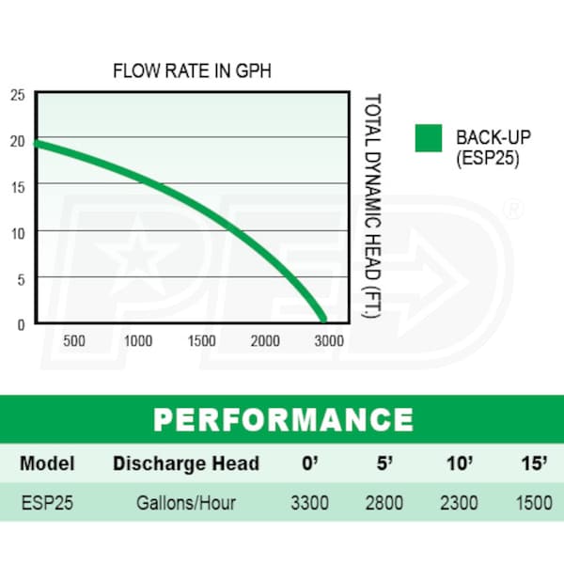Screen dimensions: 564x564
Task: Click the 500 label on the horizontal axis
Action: coord(74,340)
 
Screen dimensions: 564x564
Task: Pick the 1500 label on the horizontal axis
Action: coord(202,340)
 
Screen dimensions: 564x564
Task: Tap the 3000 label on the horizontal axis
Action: coord(329,340)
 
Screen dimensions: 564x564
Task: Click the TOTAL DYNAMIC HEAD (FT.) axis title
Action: coord(371,207)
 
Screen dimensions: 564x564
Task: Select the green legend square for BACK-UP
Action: coord(429,138)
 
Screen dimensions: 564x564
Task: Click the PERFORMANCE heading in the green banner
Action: coord(282,418)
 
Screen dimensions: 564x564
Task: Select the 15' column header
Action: coord(534,463)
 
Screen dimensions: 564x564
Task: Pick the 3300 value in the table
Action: coord(309,503)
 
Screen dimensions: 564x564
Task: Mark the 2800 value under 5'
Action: coord(384,503)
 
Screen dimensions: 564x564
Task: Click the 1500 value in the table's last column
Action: coord(534,503)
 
